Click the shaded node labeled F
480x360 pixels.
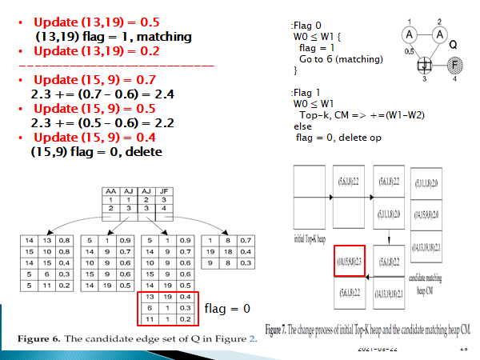455,64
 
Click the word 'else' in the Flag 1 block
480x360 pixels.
303,126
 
